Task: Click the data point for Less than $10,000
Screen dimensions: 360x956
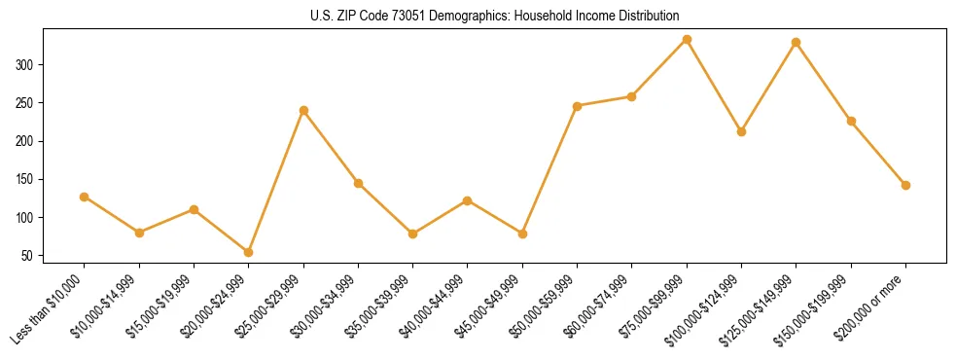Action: (85, 197)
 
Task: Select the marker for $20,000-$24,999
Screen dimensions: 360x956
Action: (249, 252)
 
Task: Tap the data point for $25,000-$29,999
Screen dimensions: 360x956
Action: (303, 110)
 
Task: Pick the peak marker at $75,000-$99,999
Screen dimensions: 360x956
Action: (687, 40)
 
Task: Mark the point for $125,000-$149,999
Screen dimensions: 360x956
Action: (797, 43)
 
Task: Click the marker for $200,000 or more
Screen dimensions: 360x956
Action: (905, 185)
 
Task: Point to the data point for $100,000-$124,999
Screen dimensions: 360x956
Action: (741, 131)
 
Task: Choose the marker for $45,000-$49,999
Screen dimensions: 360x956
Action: (522, 234)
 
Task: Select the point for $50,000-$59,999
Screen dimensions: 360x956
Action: (577, 106)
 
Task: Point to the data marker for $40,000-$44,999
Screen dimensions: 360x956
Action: (468, 200)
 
